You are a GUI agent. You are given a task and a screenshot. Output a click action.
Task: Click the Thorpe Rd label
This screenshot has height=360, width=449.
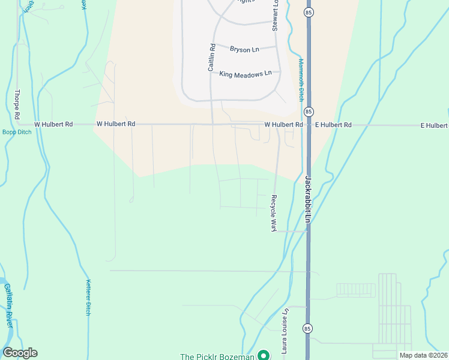coord(17,103)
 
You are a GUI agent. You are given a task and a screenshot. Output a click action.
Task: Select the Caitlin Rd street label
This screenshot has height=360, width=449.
coord(211,58)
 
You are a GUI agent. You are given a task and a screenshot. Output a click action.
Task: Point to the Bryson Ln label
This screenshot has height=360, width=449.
coord(244,49)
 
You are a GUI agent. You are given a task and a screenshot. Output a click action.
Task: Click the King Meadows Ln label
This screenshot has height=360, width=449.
coord(246,74)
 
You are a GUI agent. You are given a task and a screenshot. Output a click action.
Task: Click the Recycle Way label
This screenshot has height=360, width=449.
coord(273,214)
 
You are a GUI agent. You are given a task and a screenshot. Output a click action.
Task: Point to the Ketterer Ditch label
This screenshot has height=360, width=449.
coord(88,298)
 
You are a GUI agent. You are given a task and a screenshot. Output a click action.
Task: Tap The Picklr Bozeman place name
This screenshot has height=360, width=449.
coord(217,356)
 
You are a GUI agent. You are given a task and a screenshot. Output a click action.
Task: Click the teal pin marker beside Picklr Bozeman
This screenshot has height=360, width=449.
coord(263,355)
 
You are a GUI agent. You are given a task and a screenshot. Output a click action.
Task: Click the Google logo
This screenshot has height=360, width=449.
coord(19,353)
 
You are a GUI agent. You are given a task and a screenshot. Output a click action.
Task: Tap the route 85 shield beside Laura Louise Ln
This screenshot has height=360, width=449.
coord(307,329)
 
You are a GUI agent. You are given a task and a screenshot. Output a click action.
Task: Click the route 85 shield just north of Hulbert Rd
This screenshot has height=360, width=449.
coord(308,112)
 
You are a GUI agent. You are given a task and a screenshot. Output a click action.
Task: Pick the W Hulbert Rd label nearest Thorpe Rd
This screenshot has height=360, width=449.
coord(53,124)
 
